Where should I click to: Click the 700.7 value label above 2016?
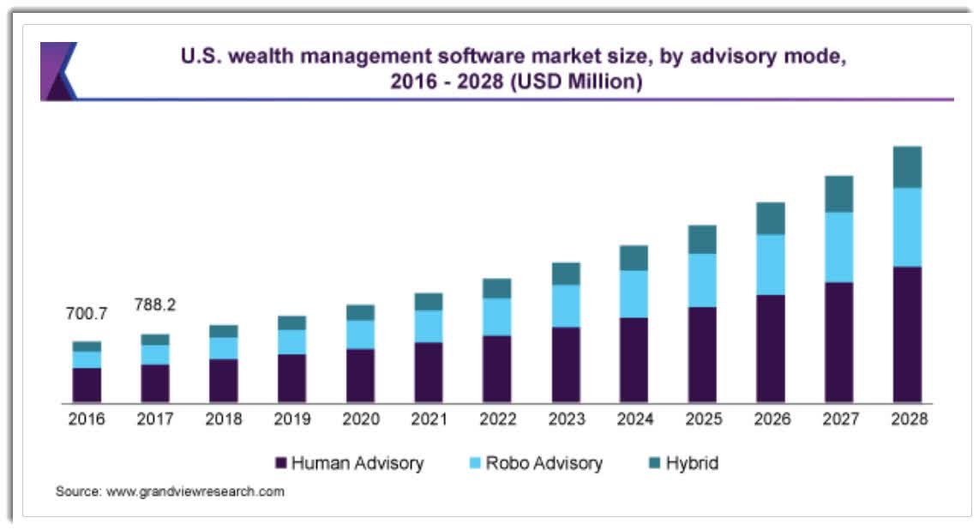87,314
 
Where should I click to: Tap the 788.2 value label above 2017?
155,305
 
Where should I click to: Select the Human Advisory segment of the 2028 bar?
907,334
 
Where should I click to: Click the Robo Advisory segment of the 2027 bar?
839,247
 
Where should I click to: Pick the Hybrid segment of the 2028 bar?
907,167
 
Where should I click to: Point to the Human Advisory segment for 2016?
87,385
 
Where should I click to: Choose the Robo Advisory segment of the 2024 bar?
634,294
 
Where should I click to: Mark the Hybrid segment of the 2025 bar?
702,239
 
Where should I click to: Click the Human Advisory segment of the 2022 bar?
497,369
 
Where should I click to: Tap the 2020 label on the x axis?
360,419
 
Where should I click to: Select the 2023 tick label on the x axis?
566,419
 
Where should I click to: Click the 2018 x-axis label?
224,419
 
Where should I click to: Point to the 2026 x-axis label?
771,419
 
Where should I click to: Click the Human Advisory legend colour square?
280,464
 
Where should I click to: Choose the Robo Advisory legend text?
544,464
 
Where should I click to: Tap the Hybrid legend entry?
682,464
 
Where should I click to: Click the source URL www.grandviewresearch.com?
195,492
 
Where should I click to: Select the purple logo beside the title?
57,70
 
